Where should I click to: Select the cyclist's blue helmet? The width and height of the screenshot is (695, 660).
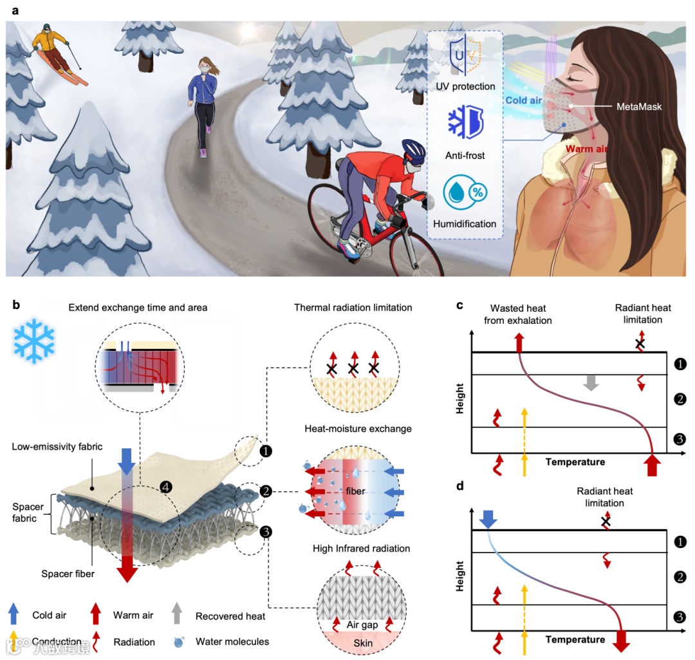[x=413, y=151]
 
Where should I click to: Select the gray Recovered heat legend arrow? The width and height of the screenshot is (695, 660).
[x=178, y=615]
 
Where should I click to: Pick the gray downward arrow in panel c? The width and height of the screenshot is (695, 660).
[x=590, y=382]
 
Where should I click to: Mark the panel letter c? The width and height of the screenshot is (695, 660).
[x=459, y=305]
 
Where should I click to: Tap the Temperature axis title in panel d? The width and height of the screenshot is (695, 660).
[x=575, y=639]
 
